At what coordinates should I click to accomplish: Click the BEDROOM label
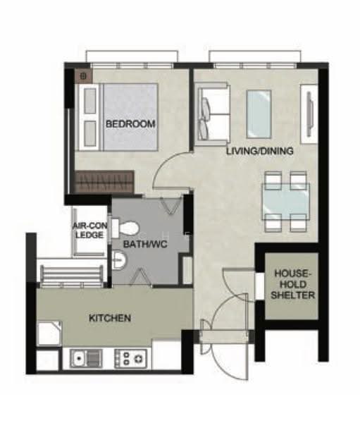[130, 124]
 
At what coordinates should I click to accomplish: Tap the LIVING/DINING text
[260, 151]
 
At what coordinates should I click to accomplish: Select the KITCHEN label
[110, 318]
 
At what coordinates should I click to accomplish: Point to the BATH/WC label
[145, 245]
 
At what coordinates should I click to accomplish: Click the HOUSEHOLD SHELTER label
[293, 284]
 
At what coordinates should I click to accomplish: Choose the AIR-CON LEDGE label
[89, 230]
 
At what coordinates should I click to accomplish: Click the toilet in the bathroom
[125, 228]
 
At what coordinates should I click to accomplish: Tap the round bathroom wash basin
[118, 259]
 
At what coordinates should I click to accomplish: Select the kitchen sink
[86, 359]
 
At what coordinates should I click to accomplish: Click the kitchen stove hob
[131, 359]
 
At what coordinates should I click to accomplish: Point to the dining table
[285, 202]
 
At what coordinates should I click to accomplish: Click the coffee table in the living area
[259, 114]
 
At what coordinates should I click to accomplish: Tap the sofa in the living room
[213, 111]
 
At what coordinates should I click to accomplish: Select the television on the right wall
[310, 114]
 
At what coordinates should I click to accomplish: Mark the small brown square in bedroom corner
[83, 76]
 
